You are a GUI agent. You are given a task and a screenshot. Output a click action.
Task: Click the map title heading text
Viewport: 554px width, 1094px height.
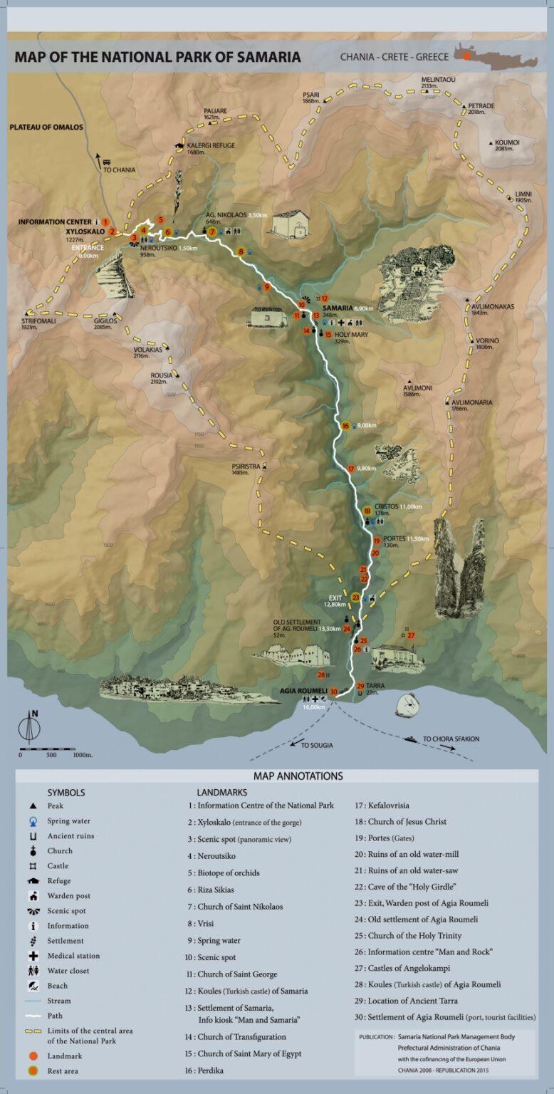157,57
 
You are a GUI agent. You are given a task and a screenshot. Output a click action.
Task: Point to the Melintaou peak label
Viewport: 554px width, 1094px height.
434,79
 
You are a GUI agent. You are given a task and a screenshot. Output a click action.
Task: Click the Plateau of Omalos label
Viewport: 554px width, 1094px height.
46,127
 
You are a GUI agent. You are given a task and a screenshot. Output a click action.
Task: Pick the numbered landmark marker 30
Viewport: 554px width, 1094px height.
333,692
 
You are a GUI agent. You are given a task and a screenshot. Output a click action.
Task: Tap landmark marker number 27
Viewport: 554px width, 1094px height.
411,635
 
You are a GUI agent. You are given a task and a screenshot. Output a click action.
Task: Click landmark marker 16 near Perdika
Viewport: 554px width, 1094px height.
345,426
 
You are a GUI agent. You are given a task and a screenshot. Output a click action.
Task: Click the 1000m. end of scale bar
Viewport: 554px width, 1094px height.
83,754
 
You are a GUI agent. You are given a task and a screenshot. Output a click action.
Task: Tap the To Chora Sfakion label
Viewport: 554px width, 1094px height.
451,739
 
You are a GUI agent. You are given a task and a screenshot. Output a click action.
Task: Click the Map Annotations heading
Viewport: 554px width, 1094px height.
298,776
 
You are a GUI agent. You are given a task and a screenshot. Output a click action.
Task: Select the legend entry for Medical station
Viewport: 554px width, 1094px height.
73,956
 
